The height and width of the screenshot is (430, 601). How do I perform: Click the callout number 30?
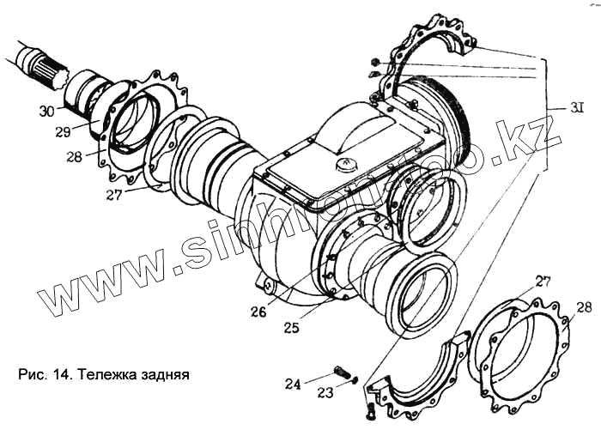click(x=45, y=111)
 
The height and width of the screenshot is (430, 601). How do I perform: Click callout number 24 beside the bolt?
click(x=294, y=385)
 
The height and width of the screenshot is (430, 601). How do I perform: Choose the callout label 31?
click(x=577, y=109)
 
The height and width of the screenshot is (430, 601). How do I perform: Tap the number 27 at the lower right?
click(x=543, y=281)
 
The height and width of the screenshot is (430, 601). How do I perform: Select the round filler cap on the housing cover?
click(x=343, y=163)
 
